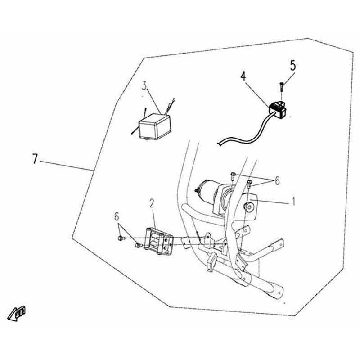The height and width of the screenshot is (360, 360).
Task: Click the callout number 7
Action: point(35,159)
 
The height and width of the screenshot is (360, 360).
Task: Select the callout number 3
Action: point(144,86)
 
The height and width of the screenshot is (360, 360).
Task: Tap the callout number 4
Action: point(243,76)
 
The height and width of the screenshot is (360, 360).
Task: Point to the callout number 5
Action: point(293,66)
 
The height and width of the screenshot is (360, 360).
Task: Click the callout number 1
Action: point(293,201)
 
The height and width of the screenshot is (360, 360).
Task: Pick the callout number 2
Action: point(152,203)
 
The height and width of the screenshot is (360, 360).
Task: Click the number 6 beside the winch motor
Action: point(277,181)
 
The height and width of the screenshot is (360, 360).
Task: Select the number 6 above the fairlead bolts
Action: point(117,216)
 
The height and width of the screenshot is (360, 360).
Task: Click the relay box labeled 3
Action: point(155,127)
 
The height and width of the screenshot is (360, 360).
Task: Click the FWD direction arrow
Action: point(17,313)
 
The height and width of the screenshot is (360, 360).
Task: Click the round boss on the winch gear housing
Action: point(248,207)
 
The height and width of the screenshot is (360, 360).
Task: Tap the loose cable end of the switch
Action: point(219,144)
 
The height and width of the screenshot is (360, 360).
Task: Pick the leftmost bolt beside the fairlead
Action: point(121,238)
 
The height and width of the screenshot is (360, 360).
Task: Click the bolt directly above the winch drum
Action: point(233,176)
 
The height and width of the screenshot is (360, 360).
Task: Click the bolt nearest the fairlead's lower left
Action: point(138,245)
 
